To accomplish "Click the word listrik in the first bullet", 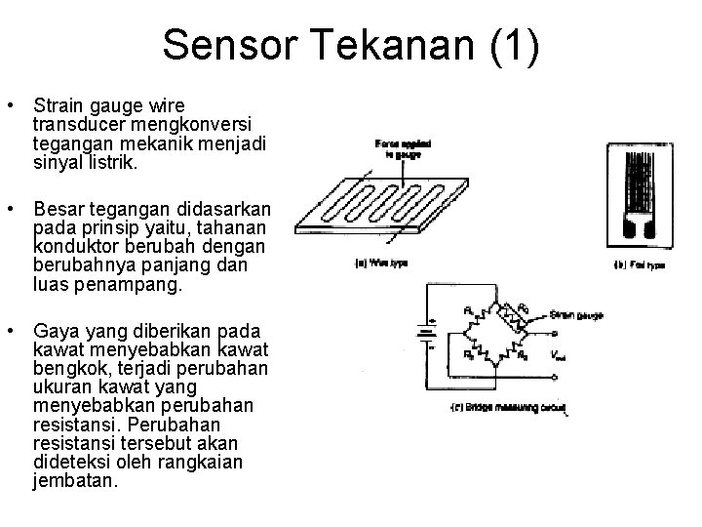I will (x=109, y=163).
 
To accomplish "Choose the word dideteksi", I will (x=67, y=463).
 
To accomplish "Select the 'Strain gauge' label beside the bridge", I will (x=575, y=315).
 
